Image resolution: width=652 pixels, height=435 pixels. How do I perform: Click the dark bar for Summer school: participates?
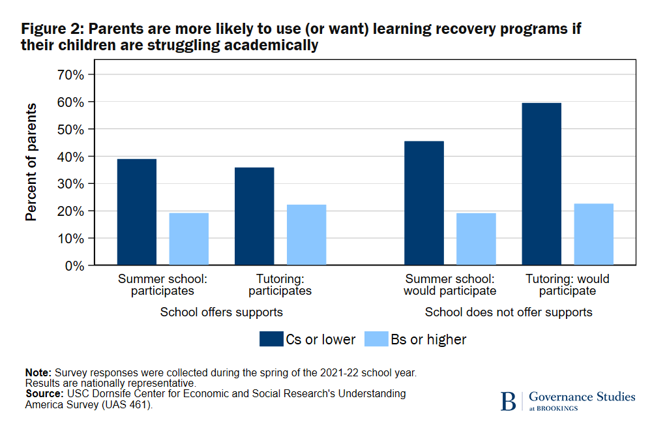tap(136, 212)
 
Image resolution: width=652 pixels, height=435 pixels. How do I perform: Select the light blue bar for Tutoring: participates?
tap(306, 235)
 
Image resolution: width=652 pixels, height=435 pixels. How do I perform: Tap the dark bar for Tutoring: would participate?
tap(541, 184)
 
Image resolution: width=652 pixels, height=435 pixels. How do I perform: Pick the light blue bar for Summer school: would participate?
tap(476, 239)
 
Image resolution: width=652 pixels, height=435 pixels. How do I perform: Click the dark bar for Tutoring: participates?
tap(254, 216)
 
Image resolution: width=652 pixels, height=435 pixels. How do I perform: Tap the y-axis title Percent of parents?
tap(31, 162)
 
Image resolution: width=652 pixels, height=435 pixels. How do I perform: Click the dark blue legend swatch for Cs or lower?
tap(270, 339)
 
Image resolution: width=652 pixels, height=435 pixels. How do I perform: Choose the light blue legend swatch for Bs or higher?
tap(376, 339)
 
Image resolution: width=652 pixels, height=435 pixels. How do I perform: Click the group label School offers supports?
tap(222, 312)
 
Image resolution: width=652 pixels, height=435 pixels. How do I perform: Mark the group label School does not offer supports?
tap(509, 312)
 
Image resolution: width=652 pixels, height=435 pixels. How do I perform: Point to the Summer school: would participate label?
tap(450, 285)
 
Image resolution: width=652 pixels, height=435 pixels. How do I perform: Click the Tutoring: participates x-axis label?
tap(280, 285)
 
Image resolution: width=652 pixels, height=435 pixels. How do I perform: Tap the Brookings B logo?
tap(508, 401)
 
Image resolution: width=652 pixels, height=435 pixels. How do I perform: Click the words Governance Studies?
tap(582, 397)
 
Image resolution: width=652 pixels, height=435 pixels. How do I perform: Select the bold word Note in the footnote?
tap(37, 372)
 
